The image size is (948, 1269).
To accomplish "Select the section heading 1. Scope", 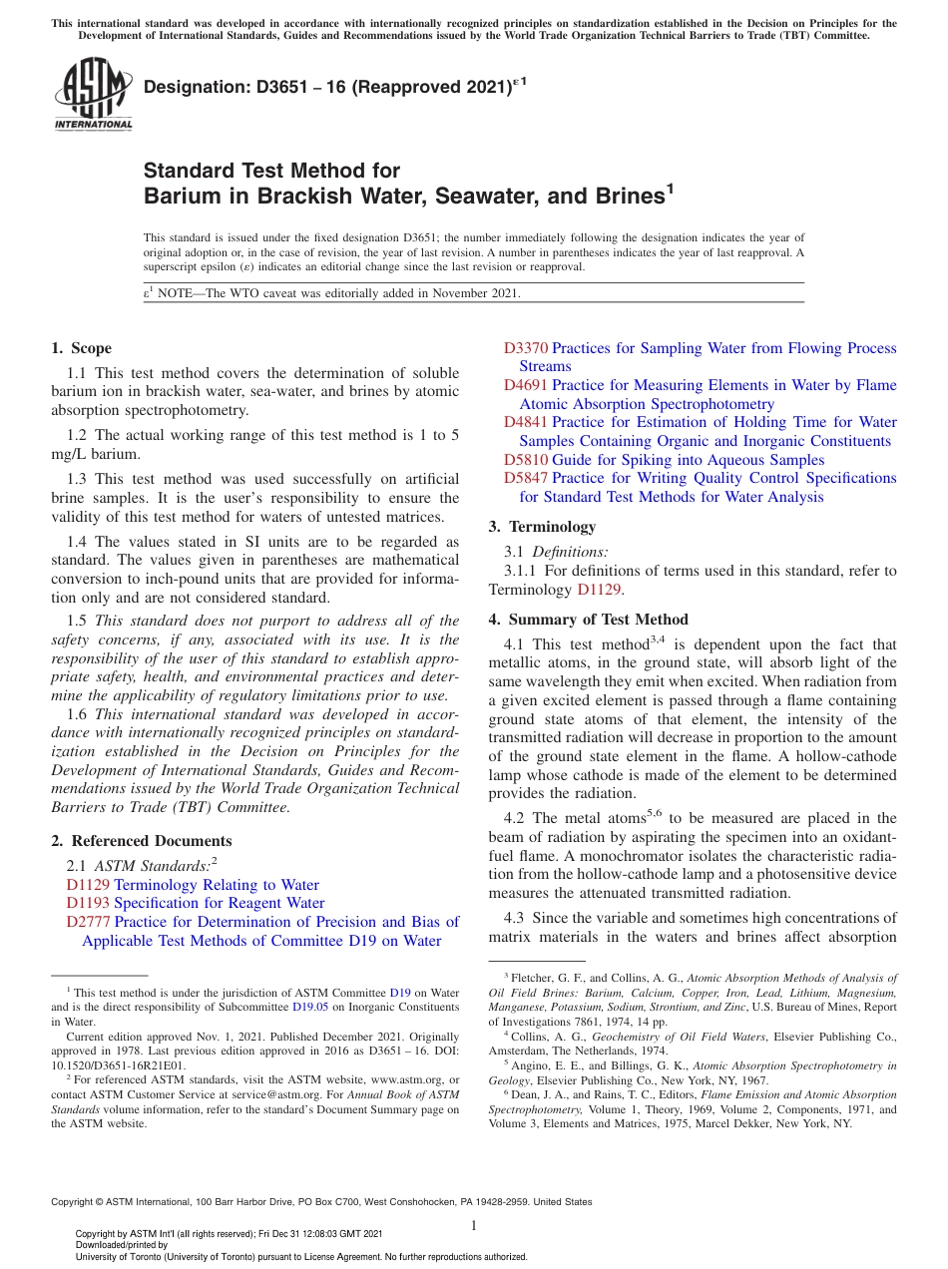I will tap(81, 348).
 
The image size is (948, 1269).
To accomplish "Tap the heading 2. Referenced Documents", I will tap(141, 841).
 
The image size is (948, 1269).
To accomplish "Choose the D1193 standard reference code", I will tap(88, 903).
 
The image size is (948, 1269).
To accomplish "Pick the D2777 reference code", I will tap(88, 922).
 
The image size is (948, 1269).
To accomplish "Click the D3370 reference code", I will tap(526, 348).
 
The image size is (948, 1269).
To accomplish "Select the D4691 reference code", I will tap(526, 385).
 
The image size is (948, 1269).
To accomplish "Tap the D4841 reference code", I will tap(526, 422).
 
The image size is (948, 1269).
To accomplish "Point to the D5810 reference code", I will tap(526, 460).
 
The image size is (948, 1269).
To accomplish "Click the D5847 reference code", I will tap(526, 478).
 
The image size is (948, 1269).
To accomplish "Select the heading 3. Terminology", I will tap(542, 527).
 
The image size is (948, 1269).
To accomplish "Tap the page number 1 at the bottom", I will tap(474, 1225).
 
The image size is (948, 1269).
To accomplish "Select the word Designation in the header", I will tap(192, 88).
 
